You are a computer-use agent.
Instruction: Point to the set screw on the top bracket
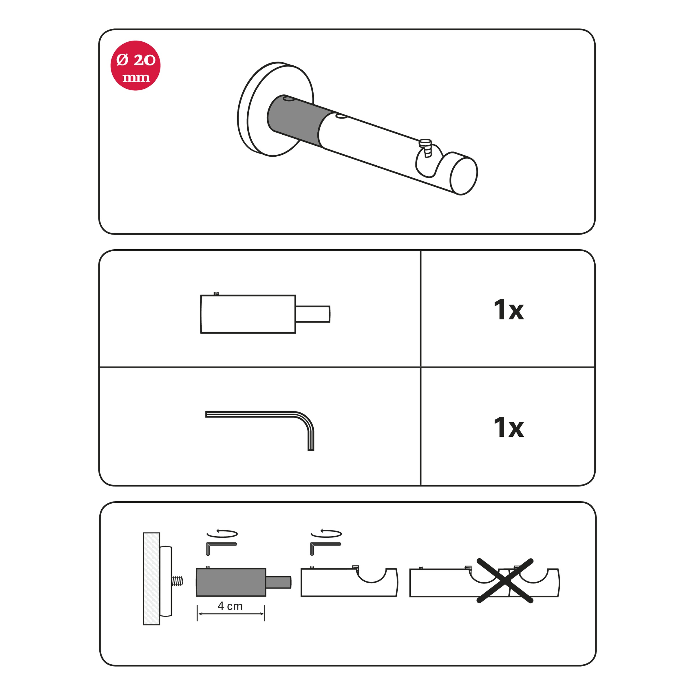[426, 147]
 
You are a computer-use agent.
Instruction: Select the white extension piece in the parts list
[266, 314]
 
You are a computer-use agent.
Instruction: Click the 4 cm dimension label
[230, 606]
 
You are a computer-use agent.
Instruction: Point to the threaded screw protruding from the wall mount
[177, 581]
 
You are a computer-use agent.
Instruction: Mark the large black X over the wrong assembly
[505, 581]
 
